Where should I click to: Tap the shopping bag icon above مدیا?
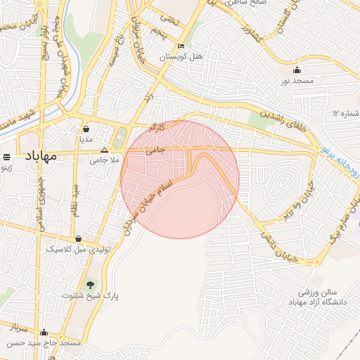[x=86, y=129]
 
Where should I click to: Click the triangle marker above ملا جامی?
[x=105, y=150]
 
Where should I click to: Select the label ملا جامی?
[x=103, y=160]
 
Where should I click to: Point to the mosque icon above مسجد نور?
[x=297, y=70]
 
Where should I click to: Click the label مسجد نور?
[x=296, y=81]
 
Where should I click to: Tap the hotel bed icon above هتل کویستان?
[x=181, y=46]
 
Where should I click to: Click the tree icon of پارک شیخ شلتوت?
[x=90, y=285]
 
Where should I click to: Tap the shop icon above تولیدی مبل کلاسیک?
[x=77, y=238]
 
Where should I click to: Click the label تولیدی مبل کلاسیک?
[x=77, y=249]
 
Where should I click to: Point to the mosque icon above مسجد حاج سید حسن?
[x=44, y=333]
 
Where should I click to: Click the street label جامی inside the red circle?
[x=154, y=150]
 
